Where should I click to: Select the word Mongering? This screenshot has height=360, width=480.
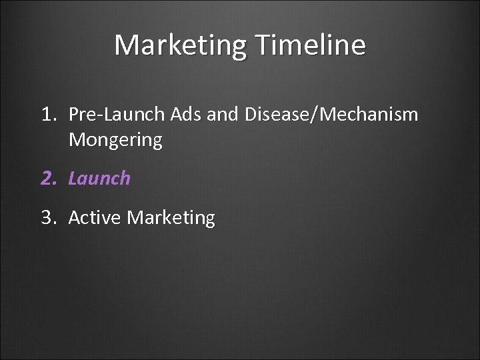click(x=115, y=141)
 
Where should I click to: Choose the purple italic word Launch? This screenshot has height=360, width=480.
click(x=99, y=179)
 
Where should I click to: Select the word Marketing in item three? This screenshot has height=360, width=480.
click(x=171, y=218)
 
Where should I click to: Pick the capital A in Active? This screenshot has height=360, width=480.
click(x=74, y=217)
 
